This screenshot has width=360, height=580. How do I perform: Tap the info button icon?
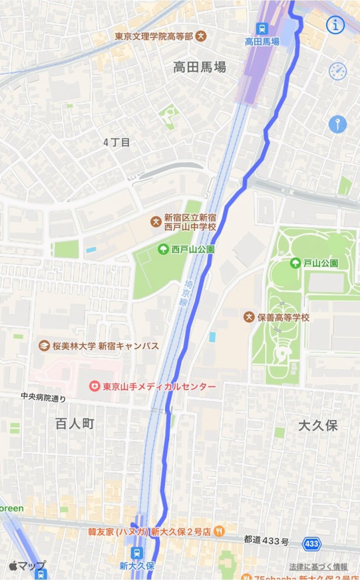point(336,25)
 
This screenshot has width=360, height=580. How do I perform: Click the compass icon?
point(337,71)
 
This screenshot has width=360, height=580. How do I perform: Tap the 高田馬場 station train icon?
point(262,29)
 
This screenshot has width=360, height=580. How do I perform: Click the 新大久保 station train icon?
point(138,552)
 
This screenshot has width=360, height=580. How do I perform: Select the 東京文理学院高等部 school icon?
point(201,36)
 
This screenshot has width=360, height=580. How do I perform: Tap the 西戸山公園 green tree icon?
point(163,250)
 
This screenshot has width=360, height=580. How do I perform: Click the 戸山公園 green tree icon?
point(295,263)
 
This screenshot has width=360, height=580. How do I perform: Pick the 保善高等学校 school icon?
point(249,317)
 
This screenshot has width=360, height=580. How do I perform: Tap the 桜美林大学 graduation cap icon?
point(45,346)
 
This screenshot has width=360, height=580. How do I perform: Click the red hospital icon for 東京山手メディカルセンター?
point(95,386)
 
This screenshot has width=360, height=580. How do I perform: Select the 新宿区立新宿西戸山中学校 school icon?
point(156,222)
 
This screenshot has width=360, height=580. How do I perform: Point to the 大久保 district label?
point(318,425)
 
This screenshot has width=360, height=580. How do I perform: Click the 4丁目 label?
point(117,143)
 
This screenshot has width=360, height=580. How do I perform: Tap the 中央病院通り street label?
point(43,398)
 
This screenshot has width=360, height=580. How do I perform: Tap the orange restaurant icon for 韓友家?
point(219,531)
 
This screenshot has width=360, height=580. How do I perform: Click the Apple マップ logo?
point(27,566)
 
